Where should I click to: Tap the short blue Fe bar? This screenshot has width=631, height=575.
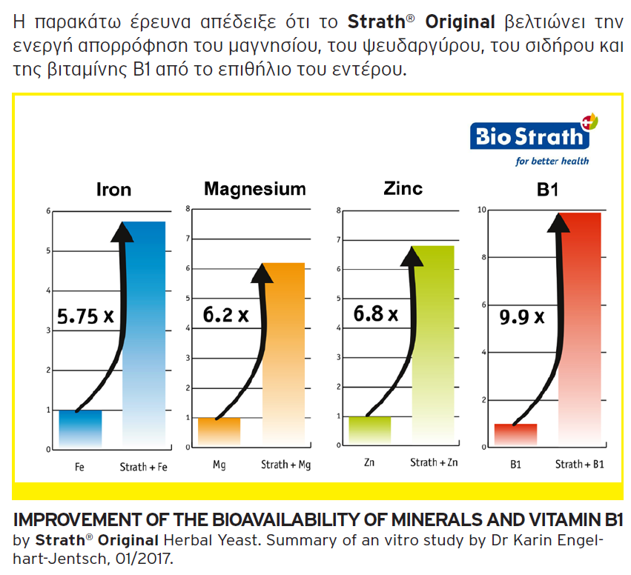80,428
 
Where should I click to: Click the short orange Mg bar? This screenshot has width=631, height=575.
219,431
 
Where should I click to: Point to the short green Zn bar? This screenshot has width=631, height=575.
369,430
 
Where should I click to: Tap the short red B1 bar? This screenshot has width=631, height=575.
515,435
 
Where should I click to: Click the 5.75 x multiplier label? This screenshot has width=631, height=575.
86,316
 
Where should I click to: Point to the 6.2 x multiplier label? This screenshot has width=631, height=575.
225,315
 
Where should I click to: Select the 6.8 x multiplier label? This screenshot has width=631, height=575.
376,313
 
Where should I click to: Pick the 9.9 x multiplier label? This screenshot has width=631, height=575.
522,317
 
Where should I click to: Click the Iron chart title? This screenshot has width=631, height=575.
113,190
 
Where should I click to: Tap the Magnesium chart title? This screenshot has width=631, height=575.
255,189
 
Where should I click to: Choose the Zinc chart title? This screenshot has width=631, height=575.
403,188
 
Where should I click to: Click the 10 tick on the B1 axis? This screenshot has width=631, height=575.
481,210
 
